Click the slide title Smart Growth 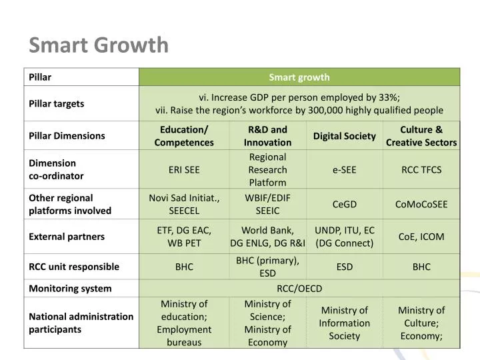pos(99,45)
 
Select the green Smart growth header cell pos(299,77)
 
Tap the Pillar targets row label pos(57,104)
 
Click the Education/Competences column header pos(184,136)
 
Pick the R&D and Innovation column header pos(267,136)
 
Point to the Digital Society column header pos(345,136)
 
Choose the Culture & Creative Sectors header pos(421,136)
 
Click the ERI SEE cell pos(184,170)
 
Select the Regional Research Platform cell pos(267,170)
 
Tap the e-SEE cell pos(345,170)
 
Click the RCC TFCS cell pos(421,170)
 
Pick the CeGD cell pos(345,205)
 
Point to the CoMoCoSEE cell pos(421,205)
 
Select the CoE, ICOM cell pos(421,237)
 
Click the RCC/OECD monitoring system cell pos(299,289)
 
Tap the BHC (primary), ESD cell pos(267,267)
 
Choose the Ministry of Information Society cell pos(345,323)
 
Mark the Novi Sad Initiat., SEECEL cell pos(184,205)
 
